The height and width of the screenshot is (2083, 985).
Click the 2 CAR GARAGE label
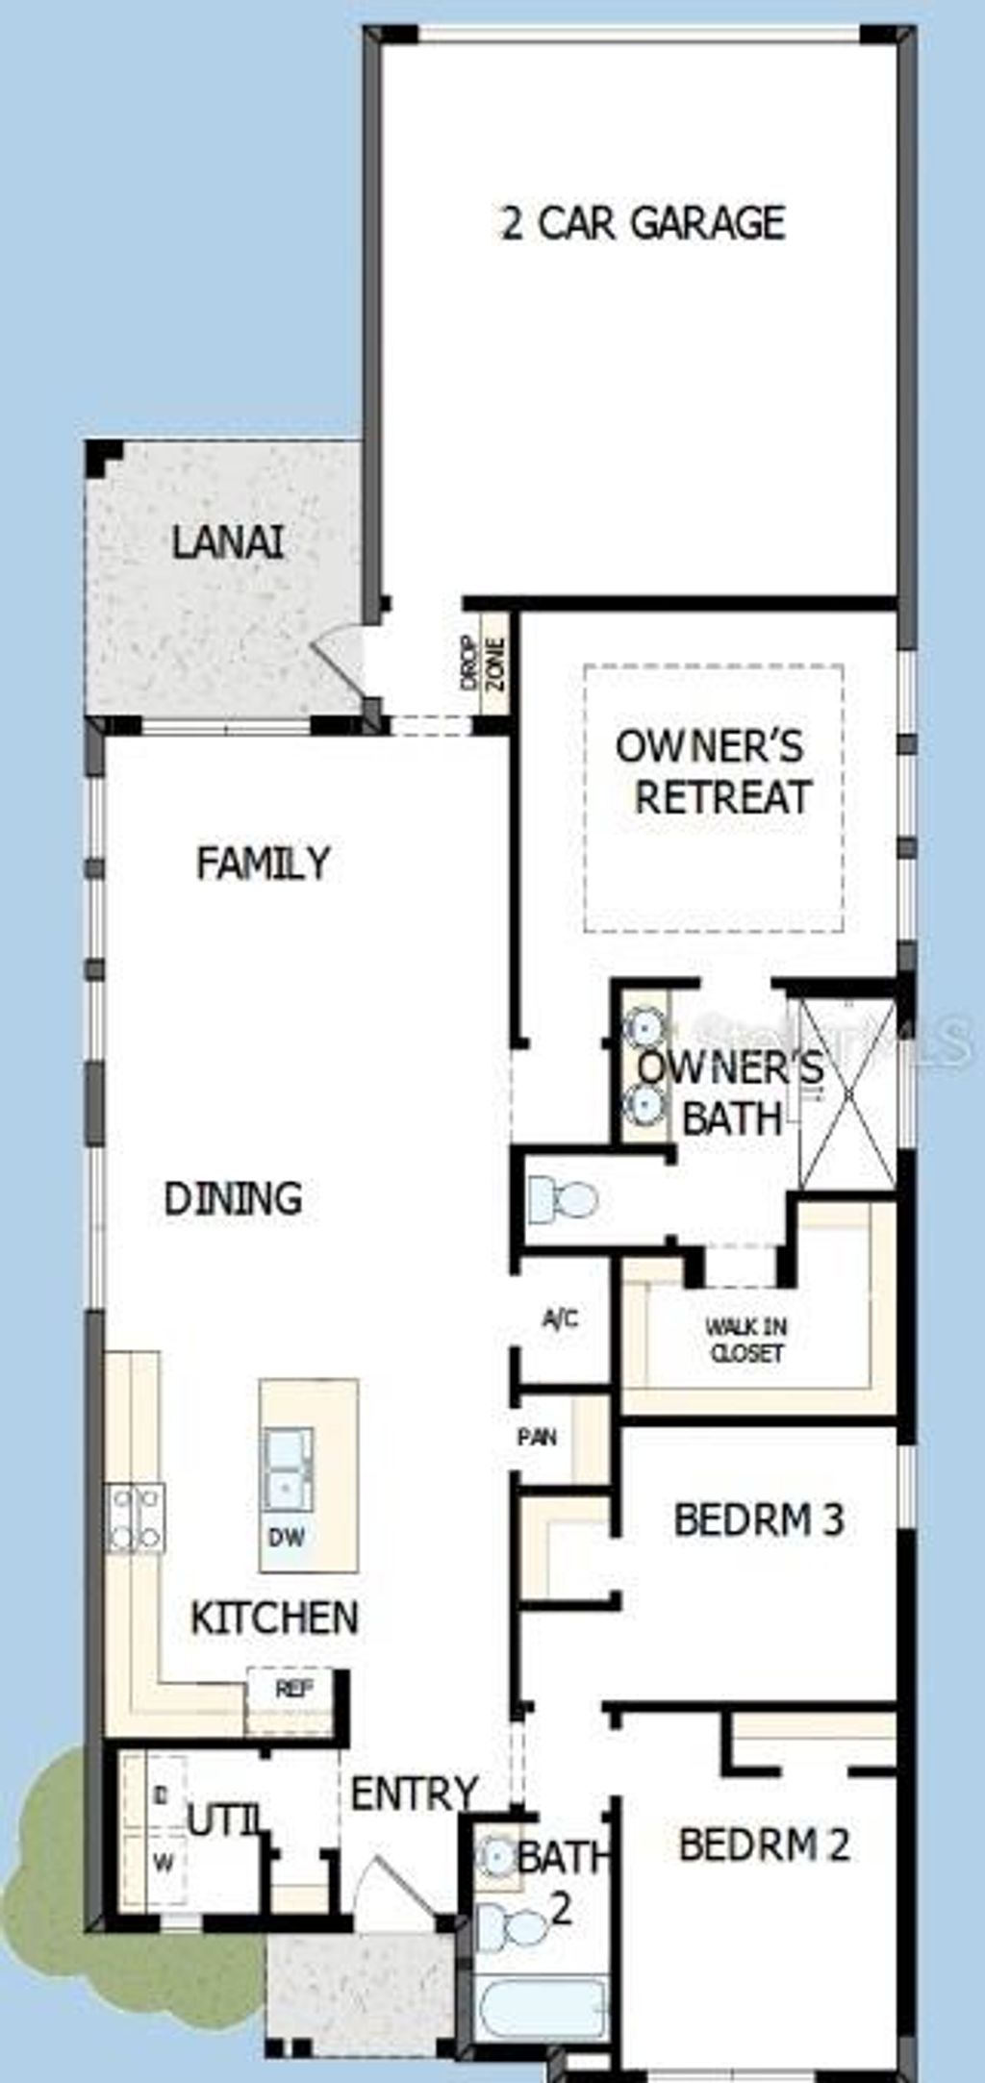tap(644, 223)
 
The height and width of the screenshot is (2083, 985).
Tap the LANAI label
tap(228, 543)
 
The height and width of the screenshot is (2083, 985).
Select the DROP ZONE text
tap(482, 664)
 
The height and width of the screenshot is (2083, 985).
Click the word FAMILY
tap(263, 863)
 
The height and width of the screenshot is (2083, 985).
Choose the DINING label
tap(233, 1199)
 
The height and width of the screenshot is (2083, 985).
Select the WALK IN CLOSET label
tap(746, 1341)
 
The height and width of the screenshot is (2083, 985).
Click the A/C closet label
tap(561, 1318)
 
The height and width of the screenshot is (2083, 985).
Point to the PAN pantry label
tap(537, 1438)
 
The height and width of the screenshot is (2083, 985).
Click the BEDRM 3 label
tap(759, 1520)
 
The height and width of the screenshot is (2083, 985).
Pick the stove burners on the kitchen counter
tap(136, 1518)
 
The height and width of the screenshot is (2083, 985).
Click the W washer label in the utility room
tap(164, 1863)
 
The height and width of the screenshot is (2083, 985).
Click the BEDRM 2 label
tap(764, 1845)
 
